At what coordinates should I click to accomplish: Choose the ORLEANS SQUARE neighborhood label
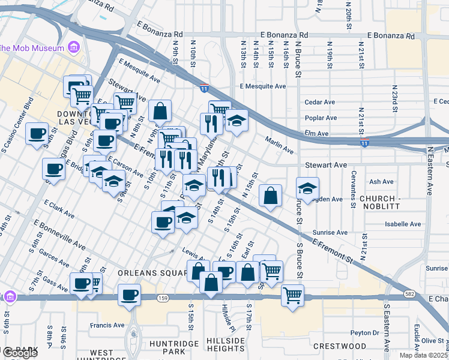click(x=153, y=272)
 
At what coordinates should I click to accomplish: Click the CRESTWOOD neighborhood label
click(x=340, y=346)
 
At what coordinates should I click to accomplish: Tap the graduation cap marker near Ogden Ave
click(x=307, y=189)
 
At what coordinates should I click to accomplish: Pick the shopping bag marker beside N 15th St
click(x=271, y=196)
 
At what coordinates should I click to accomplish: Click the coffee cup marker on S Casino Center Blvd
click(x=37, y=134)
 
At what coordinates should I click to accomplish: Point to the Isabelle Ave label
click(x=403, y=224)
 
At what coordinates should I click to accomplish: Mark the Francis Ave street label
click(x=107, y=325)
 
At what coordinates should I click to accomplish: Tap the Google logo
click(x=20, y=353)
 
